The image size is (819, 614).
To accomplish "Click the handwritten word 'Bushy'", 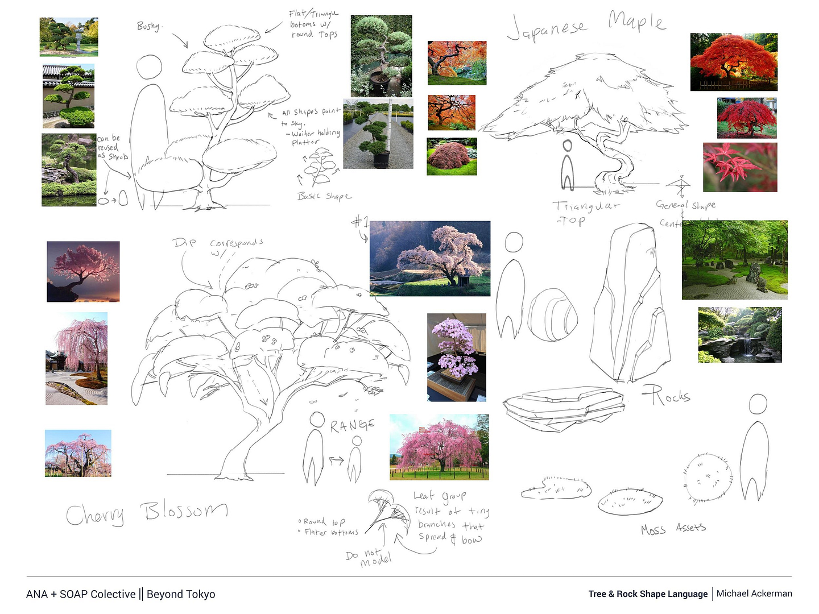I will click(150, 26).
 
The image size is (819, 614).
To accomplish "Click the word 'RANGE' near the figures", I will click(352, 425).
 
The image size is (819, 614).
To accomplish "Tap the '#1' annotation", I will click(360, 222).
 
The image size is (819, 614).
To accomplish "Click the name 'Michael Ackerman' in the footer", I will click(754, 594).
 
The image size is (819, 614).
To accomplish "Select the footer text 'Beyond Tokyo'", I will click(181, 594).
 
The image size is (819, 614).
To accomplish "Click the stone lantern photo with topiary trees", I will click(69, 37).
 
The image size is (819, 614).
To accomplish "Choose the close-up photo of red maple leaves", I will click(739, 167).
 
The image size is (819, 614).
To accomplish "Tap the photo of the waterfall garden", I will click(739, 335).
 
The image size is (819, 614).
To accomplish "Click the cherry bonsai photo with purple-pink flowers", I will click(457, 357).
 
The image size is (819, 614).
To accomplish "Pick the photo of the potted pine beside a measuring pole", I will click(378, 134).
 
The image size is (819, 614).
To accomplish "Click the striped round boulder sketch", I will click(552, 315).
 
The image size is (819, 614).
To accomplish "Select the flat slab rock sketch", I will click(563, 406).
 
